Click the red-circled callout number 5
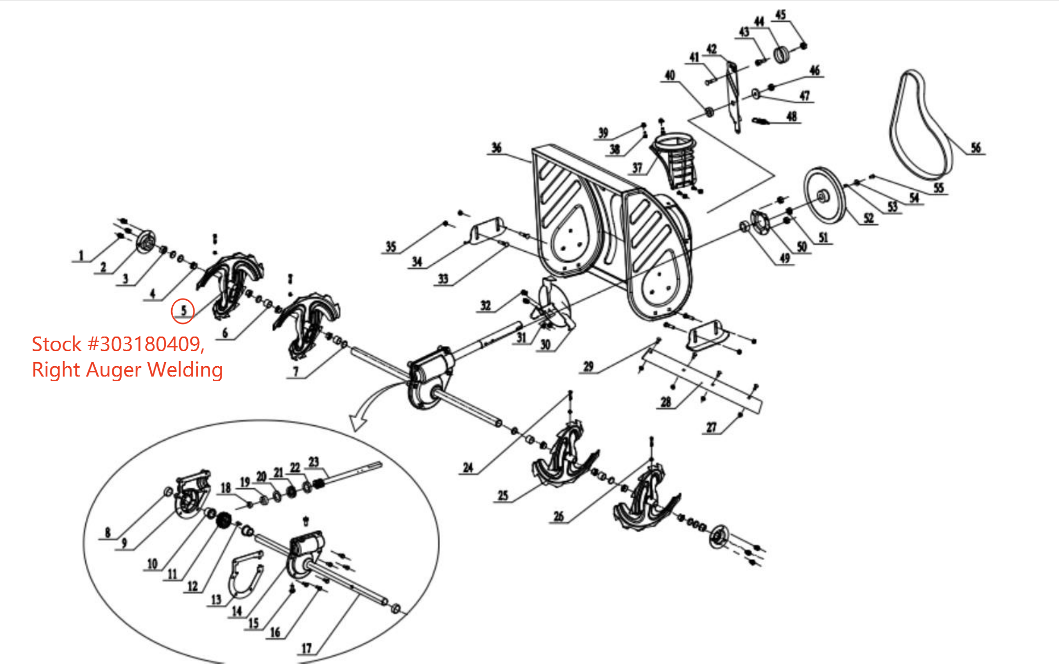click(183, 311)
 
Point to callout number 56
click(975, 148)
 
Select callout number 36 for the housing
click(496, 148)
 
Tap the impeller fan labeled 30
click(554, 307)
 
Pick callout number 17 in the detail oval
click(306, 648)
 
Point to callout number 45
click(780, 15)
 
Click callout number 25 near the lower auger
click(502, 495)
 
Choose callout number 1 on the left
click(81, 255)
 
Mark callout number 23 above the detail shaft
click(313, 462)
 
